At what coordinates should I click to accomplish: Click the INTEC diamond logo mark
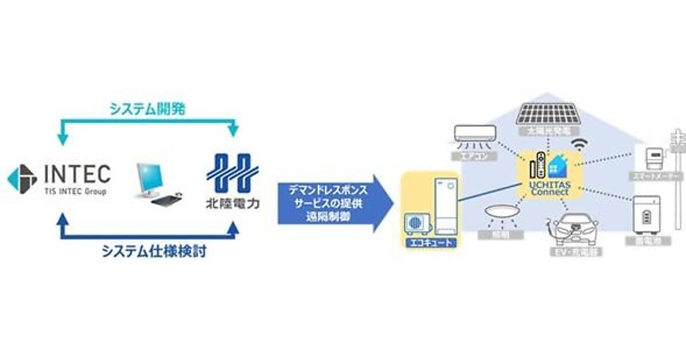coord(21,179)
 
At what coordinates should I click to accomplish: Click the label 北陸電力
coord(232,203)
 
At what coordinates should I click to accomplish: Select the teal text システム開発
coord(147,110)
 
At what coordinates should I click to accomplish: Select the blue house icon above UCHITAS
coord(557,166)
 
